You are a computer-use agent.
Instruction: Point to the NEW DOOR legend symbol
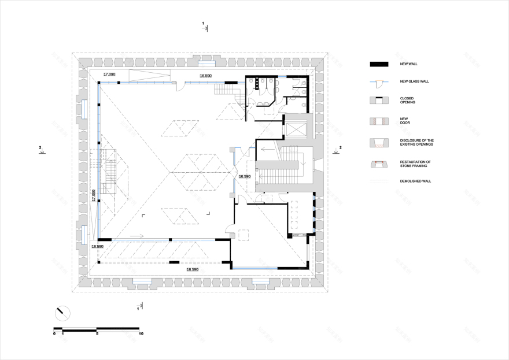point(378,121)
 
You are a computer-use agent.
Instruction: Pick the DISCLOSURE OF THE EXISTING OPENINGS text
point(416,143)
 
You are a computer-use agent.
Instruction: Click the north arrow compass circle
point(62,313)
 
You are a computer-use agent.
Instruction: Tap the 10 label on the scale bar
point(141,334)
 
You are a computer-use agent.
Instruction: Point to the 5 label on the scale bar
point(97,334)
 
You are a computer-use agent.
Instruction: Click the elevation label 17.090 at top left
point(109,75)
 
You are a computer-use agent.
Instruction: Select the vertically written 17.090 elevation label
point(94,195)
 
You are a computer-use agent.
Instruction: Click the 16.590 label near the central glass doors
point(244,176)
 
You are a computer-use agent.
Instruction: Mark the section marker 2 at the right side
point(340,148)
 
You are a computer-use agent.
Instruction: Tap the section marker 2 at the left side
point(40,148)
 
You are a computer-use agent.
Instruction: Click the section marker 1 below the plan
point(138,309)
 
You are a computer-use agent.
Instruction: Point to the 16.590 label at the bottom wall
point(192,269)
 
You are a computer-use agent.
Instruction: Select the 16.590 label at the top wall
point(206,76)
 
